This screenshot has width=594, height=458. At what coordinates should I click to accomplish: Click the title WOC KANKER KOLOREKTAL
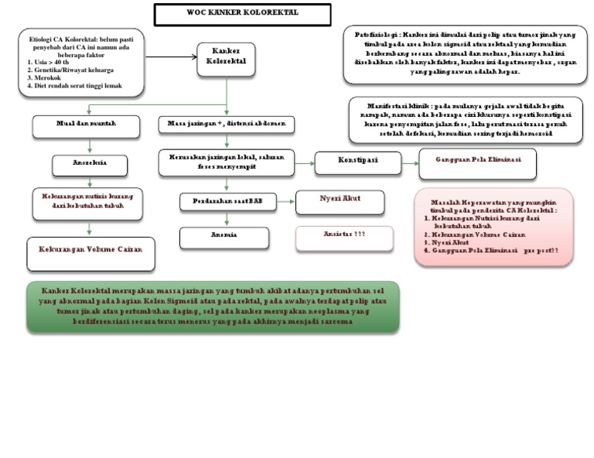click(242, 14)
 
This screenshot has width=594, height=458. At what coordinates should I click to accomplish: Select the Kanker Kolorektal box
click(226, 60)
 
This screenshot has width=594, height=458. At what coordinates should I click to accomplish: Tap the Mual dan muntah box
click(86, 124)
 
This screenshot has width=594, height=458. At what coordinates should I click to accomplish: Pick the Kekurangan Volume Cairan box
click(90, 249)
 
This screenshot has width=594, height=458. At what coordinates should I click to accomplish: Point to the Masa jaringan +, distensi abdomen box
click(226, 124)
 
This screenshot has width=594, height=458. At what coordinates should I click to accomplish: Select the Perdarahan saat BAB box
click(227, 201)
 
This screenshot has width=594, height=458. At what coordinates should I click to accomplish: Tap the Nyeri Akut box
click(340, 199)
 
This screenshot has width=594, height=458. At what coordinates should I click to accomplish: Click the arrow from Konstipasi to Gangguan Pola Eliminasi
click(409, 162)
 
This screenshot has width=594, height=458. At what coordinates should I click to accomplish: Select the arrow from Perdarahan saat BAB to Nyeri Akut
click(284, 202)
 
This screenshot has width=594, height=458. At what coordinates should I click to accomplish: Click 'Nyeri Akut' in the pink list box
click(452, 242)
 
